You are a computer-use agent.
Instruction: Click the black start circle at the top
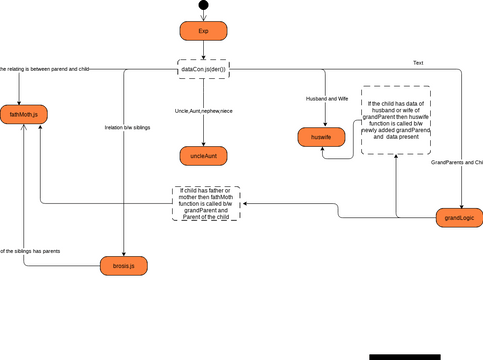pyautogui.click(x=203, y=5)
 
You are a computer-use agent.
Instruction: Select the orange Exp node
pyautogui.click(x=203, y=31)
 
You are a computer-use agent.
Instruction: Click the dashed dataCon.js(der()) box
pyautogui.click(x=203, y=69)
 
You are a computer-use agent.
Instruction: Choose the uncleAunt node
pyautogui.click(x=203, y=156)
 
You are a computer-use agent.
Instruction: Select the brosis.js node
pyautogui.click(x=123, y=265)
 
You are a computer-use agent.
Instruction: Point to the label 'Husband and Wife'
pyautogui.click(x=327, y=99)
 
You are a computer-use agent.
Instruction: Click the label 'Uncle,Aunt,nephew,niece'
pyautogui.click(x=203, y=110)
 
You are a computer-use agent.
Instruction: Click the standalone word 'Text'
pyautogui.click(x=418, y=63)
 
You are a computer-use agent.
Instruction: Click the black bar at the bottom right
pyautogui.click(x=404, y=356)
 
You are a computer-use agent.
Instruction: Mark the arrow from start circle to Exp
pyautogui.click(x=203, y=15)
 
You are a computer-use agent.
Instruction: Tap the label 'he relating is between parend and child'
pyautogui.click(x=45, y=69)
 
